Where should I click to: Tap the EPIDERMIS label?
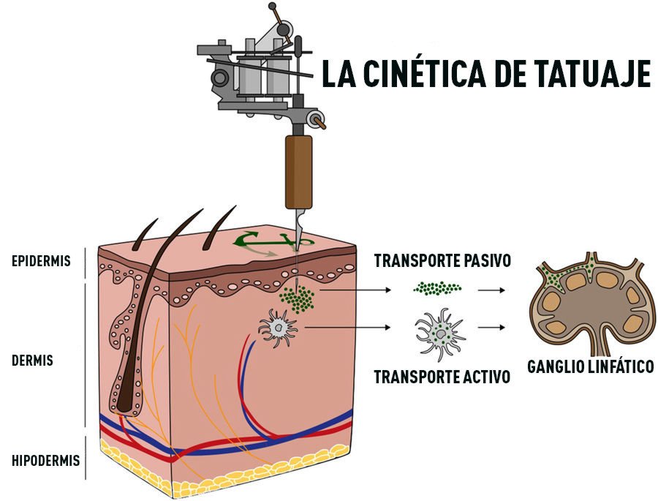click(41, 261)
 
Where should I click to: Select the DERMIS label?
click(32, 361)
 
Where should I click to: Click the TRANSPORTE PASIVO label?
click(442, 261)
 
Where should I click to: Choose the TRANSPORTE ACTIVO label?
click(442, 377)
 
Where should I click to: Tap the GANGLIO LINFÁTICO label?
click(590, 366)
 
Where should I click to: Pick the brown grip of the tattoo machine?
click(298, 170)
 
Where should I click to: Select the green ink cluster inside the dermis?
click(298, 298)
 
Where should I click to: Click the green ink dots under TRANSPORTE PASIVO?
click(438, 289)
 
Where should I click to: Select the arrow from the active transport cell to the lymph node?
click(491, 331)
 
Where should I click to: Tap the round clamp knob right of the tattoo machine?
click(316, 118)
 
